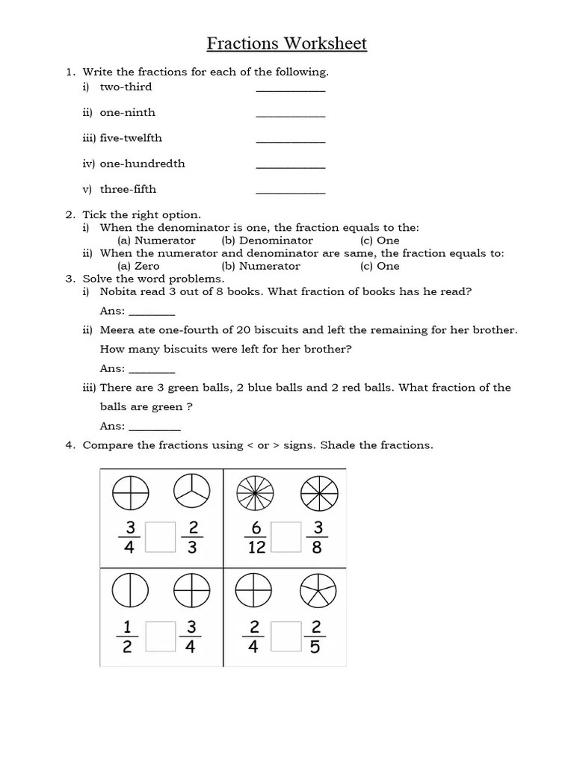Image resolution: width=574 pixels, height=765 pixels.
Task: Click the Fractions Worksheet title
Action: pos(287,43)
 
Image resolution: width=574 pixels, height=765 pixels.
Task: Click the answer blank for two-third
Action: pos(291,88)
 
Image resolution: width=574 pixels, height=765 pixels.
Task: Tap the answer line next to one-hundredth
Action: pos(291,165)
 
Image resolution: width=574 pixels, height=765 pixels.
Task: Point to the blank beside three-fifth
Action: pos(291,191)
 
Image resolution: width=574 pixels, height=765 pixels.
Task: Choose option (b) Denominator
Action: pos(268,241)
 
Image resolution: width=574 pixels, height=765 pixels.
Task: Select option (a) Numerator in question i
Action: pos(157,241)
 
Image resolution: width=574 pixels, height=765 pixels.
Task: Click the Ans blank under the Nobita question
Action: pos(152,312)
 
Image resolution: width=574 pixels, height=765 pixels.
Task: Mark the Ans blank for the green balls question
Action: pos(155,427)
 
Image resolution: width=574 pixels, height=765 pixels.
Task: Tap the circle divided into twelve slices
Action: pos(255,493)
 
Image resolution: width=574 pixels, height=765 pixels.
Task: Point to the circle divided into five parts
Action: pos(318,592)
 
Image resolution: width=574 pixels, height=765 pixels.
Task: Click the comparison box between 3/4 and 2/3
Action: pos(160,537)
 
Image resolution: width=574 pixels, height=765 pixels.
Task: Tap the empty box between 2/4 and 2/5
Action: pos(286,637)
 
